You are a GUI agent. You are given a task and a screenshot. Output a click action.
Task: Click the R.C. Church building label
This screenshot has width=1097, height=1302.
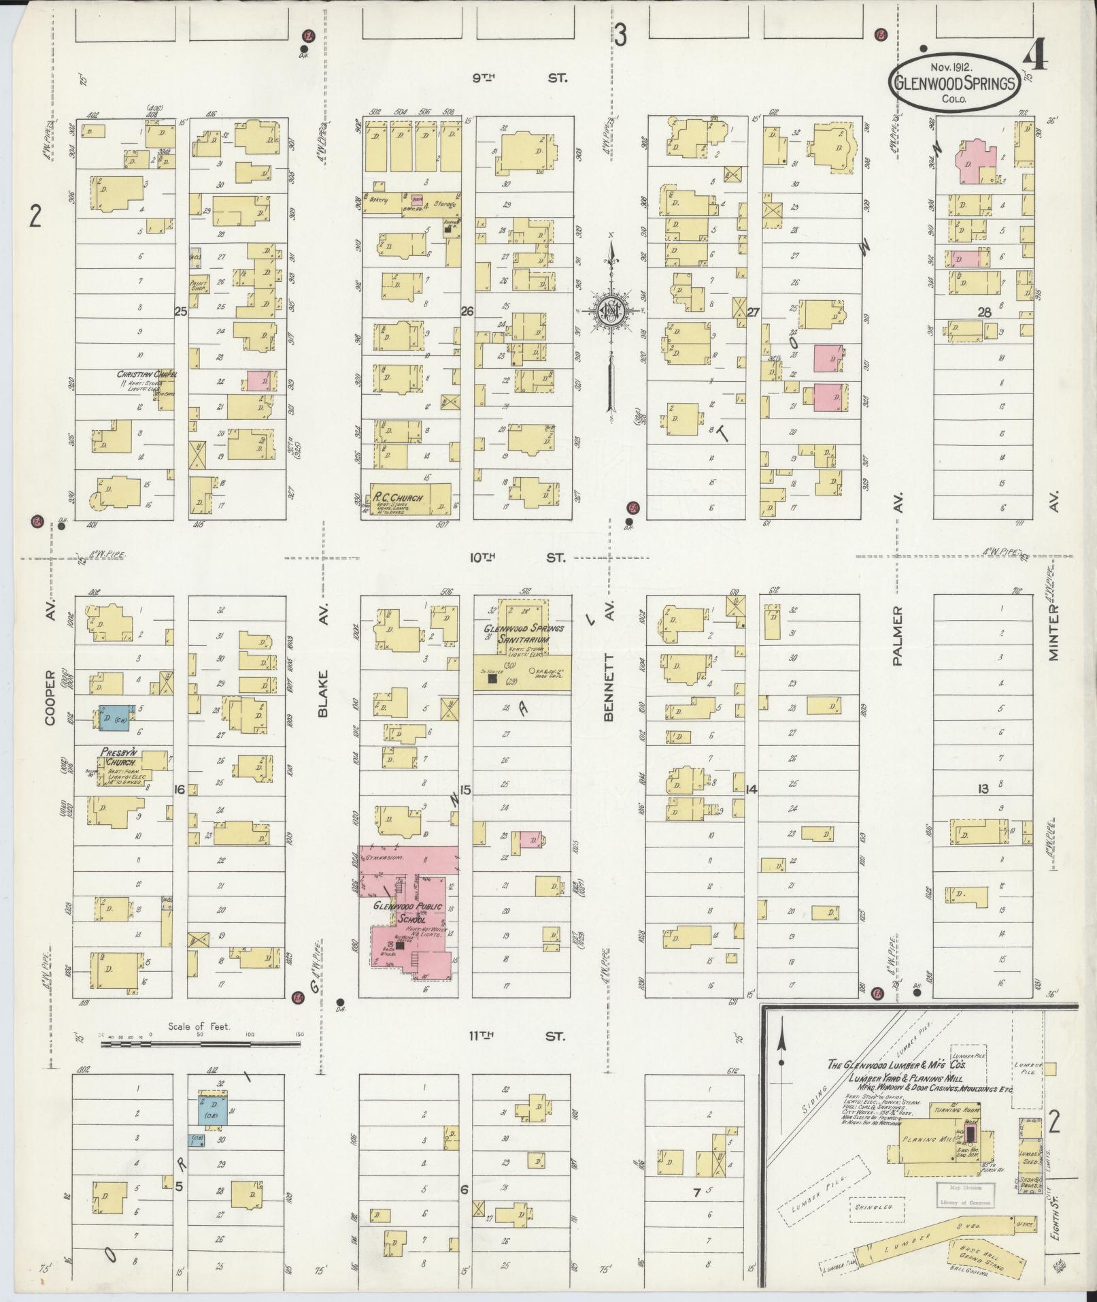[x=397, y=497]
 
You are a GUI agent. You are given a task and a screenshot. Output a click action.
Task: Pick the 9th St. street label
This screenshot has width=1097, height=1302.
[x=518, y=78]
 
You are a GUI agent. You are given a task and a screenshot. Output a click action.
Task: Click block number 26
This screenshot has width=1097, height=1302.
[x=467, y=312]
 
